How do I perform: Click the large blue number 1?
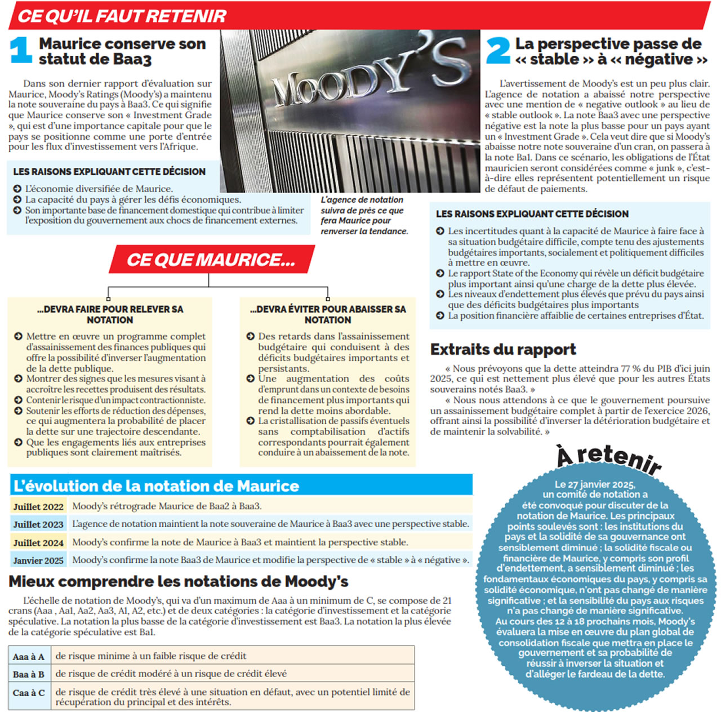pos(21,50)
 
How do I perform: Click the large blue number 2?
pos(497,51)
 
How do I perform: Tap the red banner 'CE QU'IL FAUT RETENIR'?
pos(122,16)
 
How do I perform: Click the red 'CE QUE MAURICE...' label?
pos(211,260)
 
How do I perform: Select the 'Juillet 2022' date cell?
pos(38,506)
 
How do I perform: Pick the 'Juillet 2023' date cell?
pos(38,524)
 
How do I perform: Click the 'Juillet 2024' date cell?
pos(38,543)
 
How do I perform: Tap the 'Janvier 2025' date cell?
pos(38,560)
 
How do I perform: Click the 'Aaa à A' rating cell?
pos(29,656)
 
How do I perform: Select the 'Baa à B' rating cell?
pos(29,674)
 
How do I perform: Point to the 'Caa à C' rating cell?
pos(29,693)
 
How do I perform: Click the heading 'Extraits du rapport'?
pos(503,350)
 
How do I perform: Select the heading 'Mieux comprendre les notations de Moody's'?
pos(179,581)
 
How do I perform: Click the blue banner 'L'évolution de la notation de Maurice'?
pos(157,486)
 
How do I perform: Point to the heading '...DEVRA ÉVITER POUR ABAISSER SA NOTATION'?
pos(328,314)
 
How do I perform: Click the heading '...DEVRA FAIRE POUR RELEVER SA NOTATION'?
pos(110,314)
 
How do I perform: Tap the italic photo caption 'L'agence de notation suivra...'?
pos(364,215)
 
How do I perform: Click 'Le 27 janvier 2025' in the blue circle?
pos(594,484)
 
